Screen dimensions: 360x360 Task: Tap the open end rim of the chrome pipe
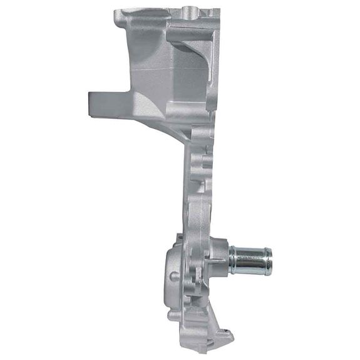coord(269,261)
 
